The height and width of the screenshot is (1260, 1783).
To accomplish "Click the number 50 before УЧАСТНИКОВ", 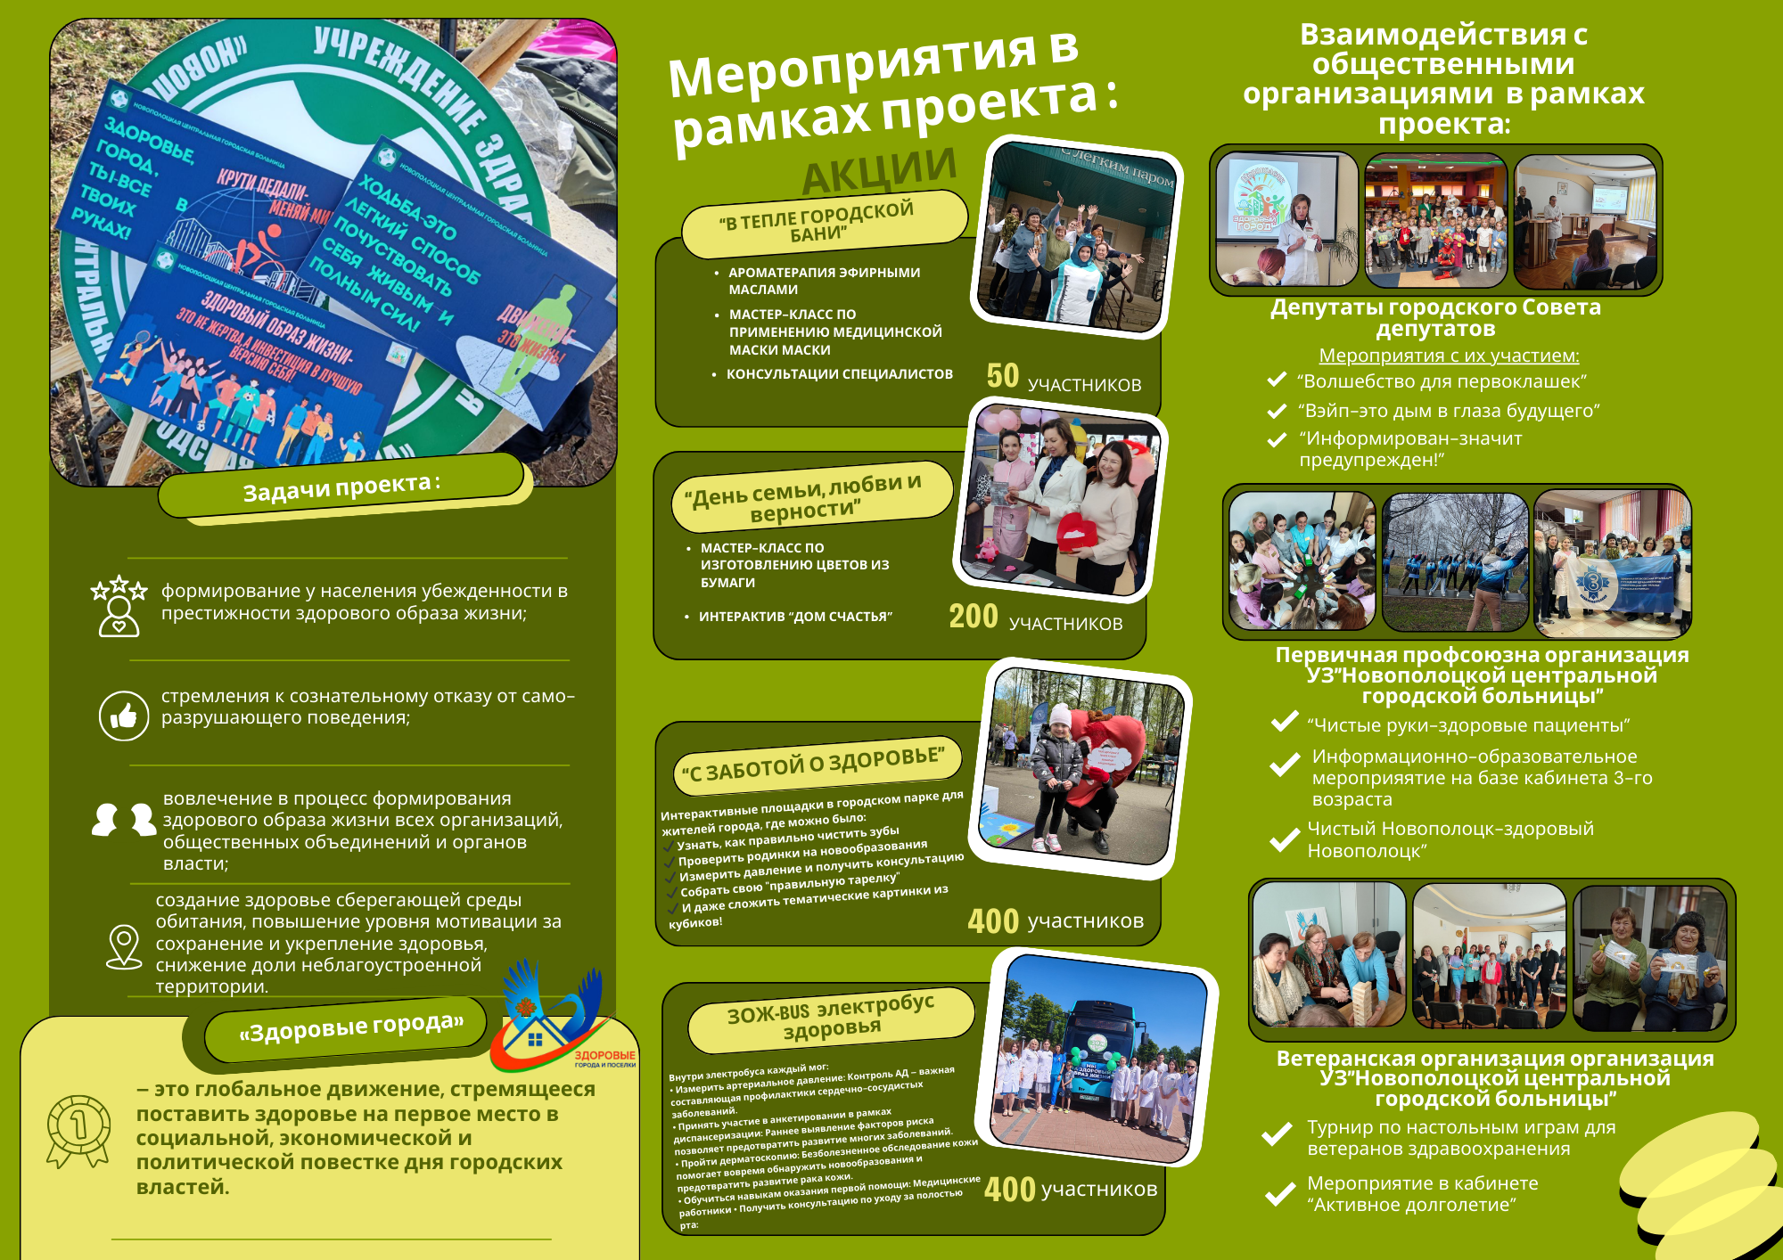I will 1002,376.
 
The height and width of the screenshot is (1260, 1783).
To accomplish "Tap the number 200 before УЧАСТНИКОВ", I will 973,617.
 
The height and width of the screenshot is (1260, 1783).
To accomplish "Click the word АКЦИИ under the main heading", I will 879,170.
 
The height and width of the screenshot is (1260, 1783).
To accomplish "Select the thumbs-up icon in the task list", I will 123,715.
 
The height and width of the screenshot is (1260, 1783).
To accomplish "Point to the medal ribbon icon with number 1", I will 78,1130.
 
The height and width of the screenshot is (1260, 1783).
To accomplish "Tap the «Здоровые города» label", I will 350,1028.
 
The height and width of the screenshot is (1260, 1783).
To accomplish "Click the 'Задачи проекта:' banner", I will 341,487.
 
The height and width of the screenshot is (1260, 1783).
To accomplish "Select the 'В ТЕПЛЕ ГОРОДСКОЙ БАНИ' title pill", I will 824,222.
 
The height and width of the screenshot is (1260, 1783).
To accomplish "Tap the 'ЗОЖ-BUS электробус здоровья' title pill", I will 830,1017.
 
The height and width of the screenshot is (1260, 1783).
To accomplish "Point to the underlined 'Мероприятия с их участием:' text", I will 1449,356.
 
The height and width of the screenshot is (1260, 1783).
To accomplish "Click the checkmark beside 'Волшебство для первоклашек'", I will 1277,380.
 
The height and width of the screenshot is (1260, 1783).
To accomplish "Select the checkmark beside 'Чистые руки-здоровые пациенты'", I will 1284,723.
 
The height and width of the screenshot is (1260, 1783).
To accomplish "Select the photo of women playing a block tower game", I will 1328,955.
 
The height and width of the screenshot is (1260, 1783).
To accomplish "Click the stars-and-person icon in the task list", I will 119,606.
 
